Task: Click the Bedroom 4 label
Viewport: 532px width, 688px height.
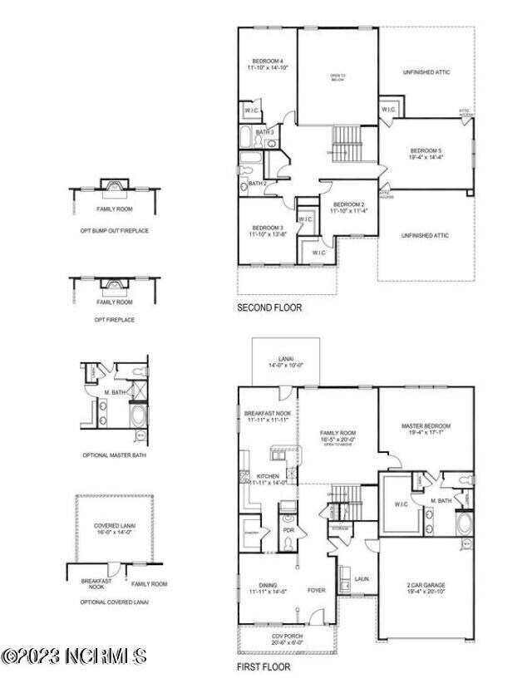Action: click(268, 66)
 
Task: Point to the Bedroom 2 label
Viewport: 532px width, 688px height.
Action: click(350, 208)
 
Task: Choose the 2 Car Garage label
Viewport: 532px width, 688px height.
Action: click(426, 587)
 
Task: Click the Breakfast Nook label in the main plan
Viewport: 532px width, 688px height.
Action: click(266, 416)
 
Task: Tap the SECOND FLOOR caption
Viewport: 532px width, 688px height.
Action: click(269, 307)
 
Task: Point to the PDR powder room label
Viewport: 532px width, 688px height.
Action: click(289, 529)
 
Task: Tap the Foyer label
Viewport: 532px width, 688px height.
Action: click(317, 592)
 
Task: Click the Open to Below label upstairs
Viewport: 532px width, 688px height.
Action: click(337, 77)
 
